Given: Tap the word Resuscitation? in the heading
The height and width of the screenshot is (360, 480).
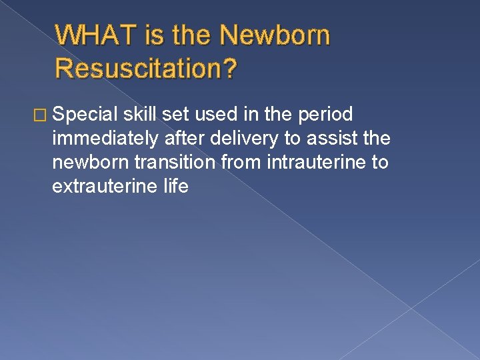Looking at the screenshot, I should tap(145, 67).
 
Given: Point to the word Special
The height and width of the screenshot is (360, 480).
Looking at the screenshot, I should tap(85, 114).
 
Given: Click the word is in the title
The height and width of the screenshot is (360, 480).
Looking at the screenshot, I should tap(157, 35).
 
